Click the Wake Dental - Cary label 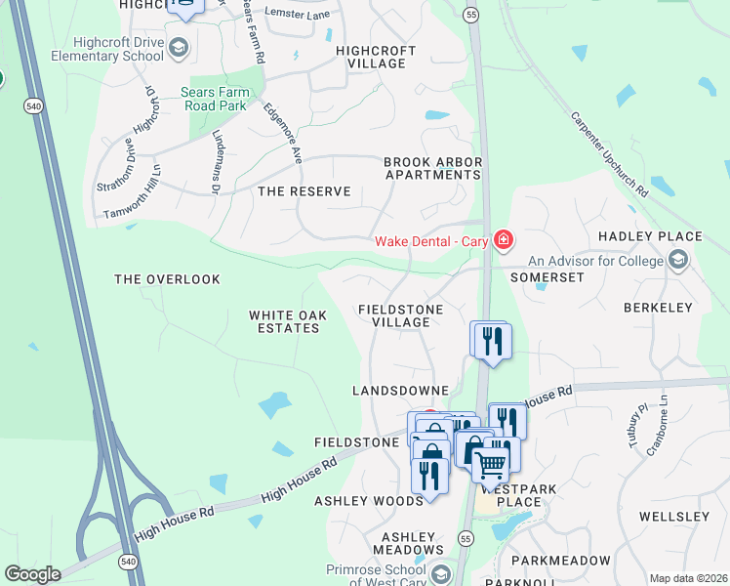click(435, 241)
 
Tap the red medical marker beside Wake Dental click(504, 239)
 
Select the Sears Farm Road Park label click(216, 100)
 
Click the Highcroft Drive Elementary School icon click(178, 48)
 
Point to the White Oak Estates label click(284, 321)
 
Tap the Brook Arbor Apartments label click(432, 168)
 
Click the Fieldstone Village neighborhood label click(401, 315)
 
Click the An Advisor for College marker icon click(678, 260)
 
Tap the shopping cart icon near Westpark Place click(491, 463)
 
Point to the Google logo click(32, 574)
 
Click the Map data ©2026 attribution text click(688, 578)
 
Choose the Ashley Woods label click(369, 501)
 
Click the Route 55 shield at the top click(470, 16)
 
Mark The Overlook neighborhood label click(167, 279)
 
